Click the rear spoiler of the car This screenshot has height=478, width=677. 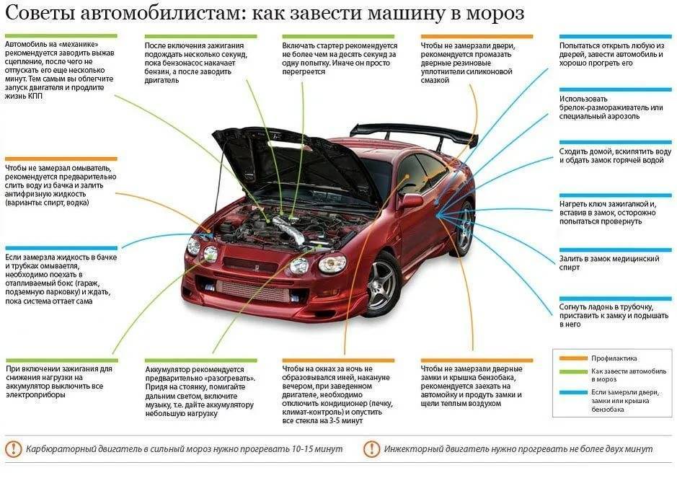tap(415, 132)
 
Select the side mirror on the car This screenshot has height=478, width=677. tap(411, 200)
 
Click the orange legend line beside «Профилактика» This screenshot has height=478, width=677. tap(573, 358)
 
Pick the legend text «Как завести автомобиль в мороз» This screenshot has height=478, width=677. tap(629, 375)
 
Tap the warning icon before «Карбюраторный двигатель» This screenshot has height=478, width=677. tap(14, 449)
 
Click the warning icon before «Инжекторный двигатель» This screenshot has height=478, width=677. tap(371, 449)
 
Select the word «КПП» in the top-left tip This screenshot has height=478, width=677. tap(35, 97)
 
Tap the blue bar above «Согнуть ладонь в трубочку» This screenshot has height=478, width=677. tap(615, 298)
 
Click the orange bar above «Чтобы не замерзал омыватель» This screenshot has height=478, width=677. tap(61, 159)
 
